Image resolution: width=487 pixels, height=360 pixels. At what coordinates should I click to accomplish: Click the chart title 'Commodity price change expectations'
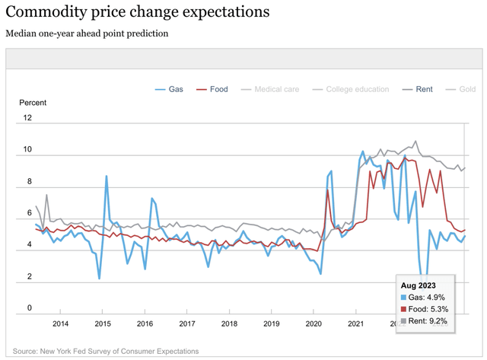(137, 13)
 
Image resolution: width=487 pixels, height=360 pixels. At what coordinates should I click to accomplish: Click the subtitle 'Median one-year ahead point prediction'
(87, 33)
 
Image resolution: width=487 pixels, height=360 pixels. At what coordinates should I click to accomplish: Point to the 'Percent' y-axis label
(33, 103)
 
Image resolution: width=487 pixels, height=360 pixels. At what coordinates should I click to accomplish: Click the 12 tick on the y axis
(28, 118)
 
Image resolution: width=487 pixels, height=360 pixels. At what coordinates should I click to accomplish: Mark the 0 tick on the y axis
(28, 308)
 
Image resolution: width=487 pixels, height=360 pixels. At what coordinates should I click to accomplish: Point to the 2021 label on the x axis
(354, 324)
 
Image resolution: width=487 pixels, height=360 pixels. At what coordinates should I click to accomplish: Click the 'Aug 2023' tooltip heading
(419, 284)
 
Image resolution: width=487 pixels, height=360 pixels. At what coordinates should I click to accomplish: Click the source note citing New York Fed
(106, 351)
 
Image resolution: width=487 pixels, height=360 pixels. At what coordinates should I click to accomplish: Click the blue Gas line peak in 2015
(107, 176)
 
